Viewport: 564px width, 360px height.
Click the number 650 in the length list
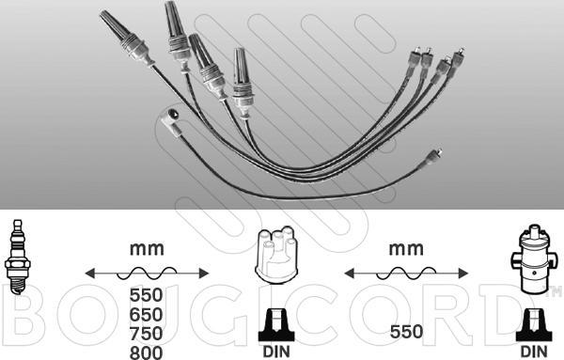(146, 314)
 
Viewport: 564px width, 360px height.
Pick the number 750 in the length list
(146, 334)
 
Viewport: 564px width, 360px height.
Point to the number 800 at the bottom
(146, 352)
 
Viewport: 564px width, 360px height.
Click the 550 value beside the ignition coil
(406, 332)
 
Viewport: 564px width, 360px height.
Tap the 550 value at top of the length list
(146, 295)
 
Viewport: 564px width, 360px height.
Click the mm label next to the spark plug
(147, 249)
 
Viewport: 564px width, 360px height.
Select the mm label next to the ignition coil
(406, 249)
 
